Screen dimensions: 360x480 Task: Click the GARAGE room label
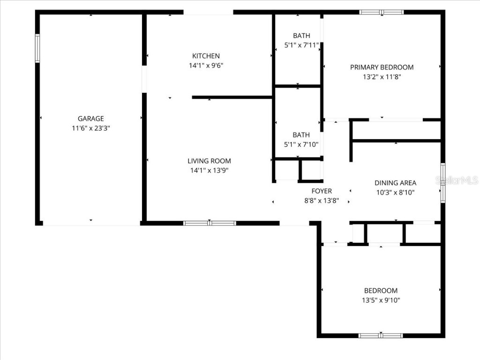coord(90,119)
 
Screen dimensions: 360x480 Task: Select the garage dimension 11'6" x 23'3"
coord(90,128)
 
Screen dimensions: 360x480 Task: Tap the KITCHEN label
coord(206,56)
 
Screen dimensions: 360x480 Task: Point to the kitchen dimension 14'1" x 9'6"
coord(206,66)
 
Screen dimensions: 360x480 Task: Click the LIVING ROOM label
coord(209,161)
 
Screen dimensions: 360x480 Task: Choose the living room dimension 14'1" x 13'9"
coord(209,171)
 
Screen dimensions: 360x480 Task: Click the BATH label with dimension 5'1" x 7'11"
coord(301,36)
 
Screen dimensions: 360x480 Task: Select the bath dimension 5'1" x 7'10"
coord(301,144)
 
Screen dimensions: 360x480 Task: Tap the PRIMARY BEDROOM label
coord(382,67)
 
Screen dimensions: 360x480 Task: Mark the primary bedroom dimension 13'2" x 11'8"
coord(382,76)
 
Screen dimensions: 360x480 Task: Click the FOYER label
coord(322,191)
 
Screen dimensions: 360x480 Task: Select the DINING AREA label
coord(395,183)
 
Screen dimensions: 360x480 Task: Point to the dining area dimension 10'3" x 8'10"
coord(395,192)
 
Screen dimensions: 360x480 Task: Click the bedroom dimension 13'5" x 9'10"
coord(381,300)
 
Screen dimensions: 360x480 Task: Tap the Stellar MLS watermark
coord(457,180)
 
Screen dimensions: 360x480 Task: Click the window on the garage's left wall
coord(37,48)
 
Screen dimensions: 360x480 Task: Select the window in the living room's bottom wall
coord(210,223)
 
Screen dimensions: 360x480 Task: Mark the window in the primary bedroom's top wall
coord(382,12)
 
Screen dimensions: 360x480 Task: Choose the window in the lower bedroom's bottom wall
coord(381,335)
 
